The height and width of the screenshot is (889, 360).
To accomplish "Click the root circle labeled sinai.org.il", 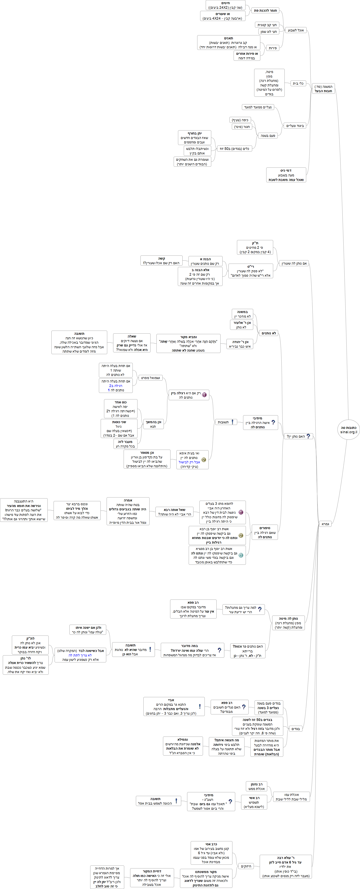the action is [x=348, y=430].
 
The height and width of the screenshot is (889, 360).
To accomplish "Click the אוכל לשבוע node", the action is [x=296, y=30].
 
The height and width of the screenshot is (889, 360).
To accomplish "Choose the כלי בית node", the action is [x=298, y=83].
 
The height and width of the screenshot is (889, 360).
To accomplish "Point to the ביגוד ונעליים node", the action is [x=295, y=126].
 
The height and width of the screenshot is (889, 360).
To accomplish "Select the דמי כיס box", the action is [x=286, y=175].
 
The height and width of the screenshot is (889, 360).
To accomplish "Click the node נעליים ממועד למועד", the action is [x=258, y=107].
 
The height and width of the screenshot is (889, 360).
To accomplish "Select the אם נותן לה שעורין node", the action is [x=294, y=264].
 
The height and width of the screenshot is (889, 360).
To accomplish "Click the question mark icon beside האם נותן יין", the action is [x=308, y=436].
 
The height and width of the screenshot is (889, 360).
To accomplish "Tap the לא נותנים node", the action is [x=269, y=333].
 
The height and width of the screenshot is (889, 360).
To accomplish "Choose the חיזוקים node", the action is [x=246, y=866].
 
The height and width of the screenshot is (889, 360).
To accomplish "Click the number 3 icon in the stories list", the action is [x=241, y=555].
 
